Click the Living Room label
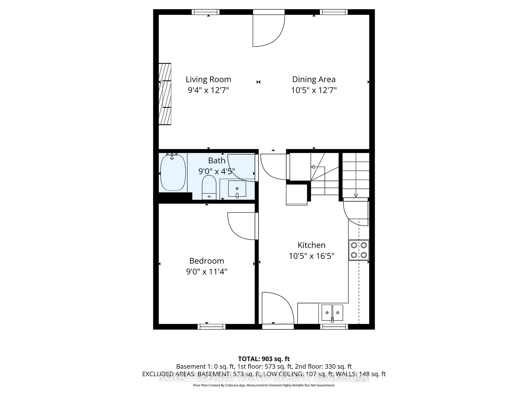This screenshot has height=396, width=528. tap(208, 79)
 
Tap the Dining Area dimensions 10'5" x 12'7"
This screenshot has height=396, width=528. tap(314, 90)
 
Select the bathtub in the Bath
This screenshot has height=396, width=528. tap(173, 173)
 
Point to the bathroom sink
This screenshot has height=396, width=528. tap(237, 189)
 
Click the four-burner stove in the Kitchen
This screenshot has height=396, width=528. tap(359, 250)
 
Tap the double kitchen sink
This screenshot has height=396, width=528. tap(332, 313)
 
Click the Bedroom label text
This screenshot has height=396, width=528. tap(207, 261)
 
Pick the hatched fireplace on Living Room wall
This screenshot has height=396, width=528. tap(165, 94)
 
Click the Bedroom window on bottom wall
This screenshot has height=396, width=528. tap(211, 327)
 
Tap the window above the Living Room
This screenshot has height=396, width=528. tap(205, 12)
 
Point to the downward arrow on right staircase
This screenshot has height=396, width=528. tap(356, 195)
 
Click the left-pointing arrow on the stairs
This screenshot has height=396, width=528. tap(313, 167)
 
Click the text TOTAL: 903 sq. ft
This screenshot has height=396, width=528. tap(264, 359)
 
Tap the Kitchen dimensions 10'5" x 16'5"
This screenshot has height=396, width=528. tap(311, 256)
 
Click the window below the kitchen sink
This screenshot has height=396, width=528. tap(334, 327)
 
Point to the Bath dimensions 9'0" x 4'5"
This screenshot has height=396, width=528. tap(217, 171)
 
